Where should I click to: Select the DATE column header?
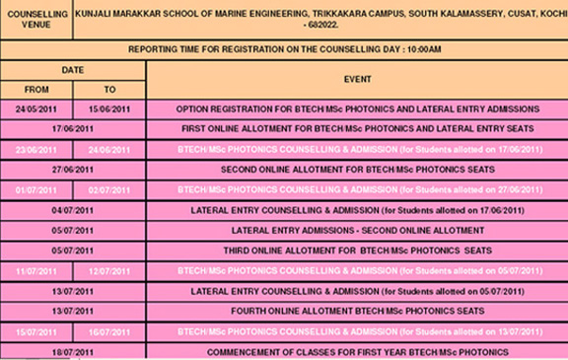point(73,70)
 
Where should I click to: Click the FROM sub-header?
point(36,89)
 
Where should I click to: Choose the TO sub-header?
point(109,89)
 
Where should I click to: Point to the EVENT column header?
point(356,78)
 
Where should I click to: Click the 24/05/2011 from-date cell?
point(36,108)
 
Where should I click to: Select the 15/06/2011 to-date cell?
point(109,108)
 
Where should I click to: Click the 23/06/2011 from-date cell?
point(36,149)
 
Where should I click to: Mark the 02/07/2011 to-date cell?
point(109,189)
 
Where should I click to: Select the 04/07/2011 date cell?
point(73,210)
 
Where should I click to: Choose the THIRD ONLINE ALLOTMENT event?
point(356,251)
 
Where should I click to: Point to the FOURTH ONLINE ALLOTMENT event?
point(356,311)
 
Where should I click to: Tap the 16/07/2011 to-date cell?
point(109,331)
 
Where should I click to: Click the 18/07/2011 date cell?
point(73,351)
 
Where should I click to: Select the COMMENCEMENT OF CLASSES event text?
point(356,351)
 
